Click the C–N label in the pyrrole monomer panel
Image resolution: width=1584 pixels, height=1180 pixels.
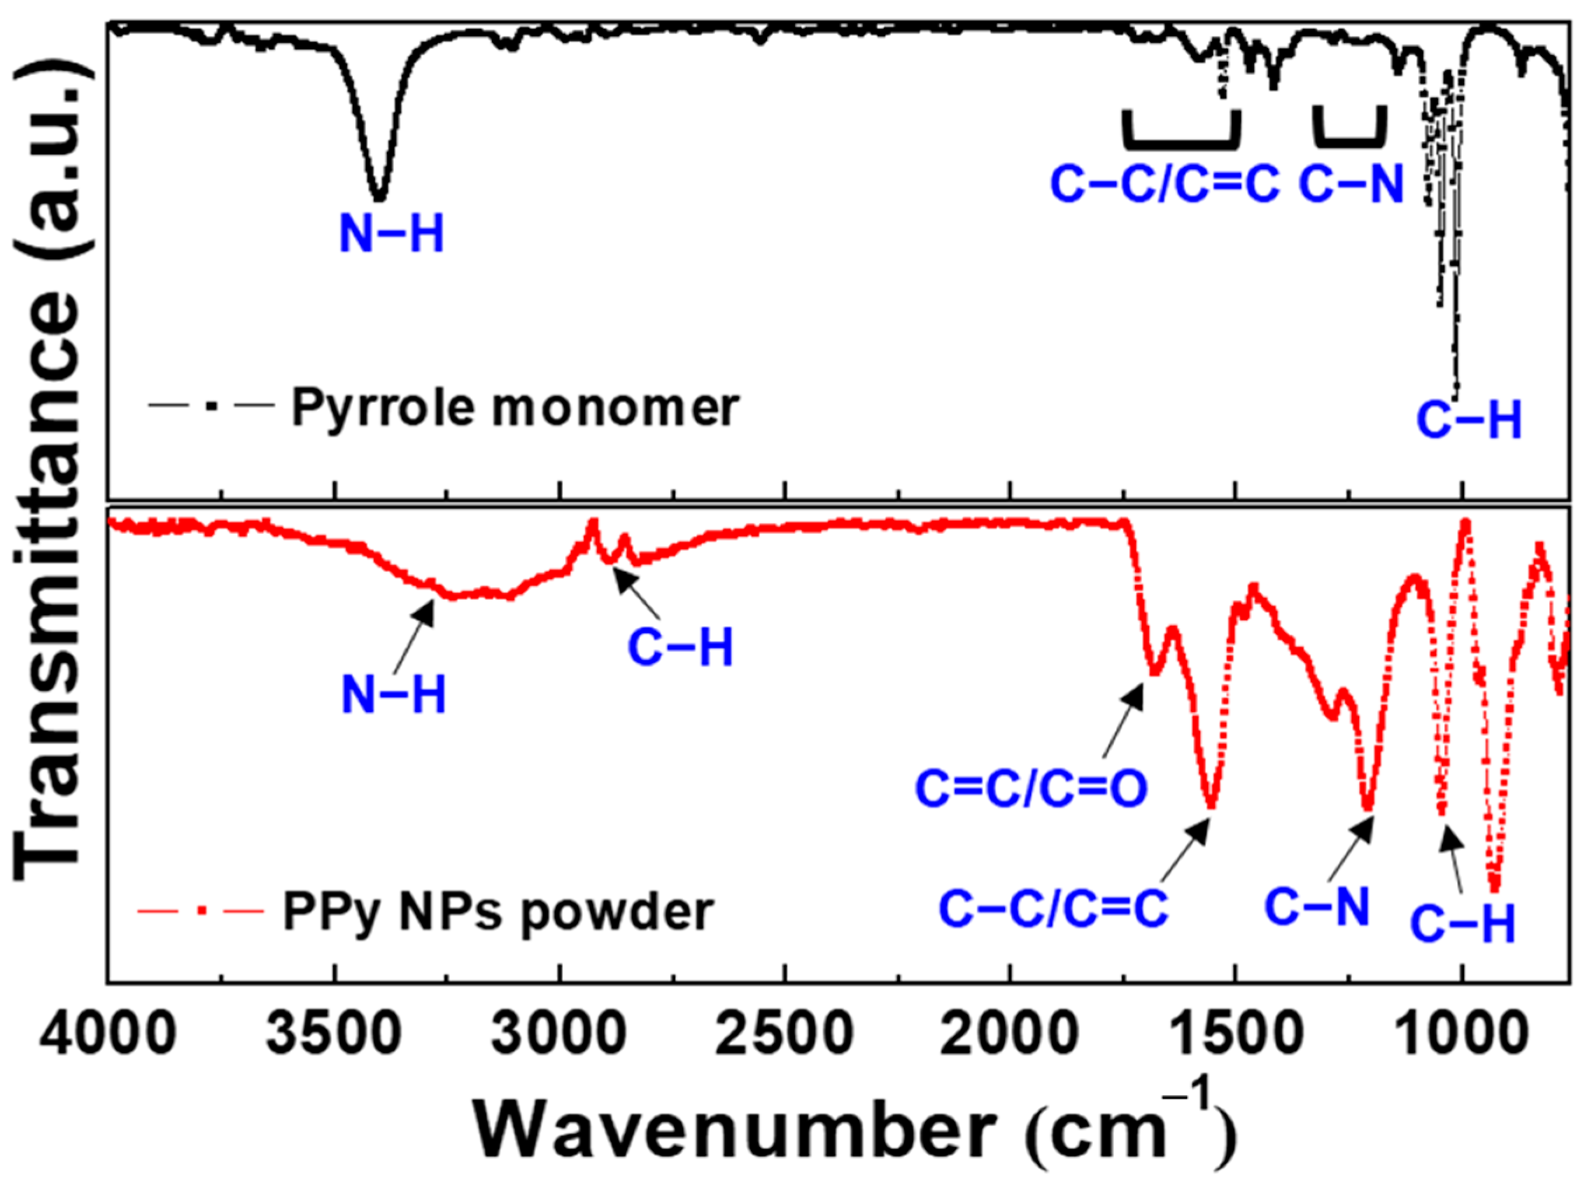pos(1351,184)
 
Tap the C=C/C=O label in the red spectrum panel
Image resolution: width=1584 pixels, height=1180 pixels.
pos(1031,789)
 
